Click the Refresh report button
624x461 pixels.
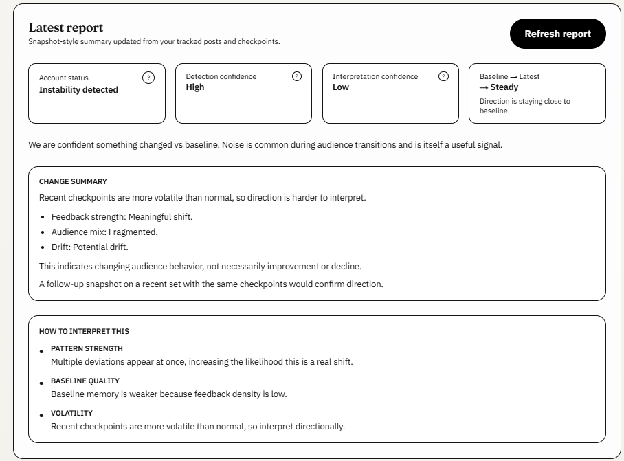(x=557, y=34)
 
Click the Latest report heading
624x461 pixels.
(x=66, y=27)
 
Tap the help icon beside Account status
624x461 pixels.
(x=148, y=78)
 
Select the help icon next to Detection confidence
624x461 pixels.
(x=297, y=76)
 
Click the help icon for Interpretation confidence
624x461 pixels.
(x=443, y=76)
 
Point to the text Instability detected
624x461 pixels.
(x=78, y=90)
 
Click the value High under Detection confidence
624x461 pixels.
(x=195, y=87)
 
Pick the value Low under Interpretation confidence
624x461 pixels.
(x=341, y=87)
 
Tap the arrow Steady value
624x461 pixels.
(x=499, y=87)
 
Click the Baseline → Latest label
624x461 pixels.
(x=509, y=76)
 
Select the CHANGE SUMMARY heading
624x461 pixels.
(x=73, y=182)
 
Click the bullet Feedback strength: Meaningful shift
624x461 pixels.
(x=122, y=216)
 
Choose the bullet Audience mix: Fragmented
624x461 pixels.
(x=104, y=232)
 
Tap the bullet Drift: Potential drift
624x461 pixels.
(x=89, y=247)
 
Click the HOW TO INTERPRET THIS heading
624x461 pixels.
(x=84, y=331)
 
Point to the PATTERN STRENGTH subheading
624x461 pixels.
(x=87, y=348)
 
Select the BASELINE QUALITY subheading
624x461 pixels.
(x=85, y=381)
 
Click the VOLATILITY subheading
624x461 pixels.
(x=71, y=413)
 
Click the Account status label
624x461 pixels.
(x=64, y=78)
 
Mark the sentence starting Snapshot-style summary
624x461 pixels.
(x=154, y=41)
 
